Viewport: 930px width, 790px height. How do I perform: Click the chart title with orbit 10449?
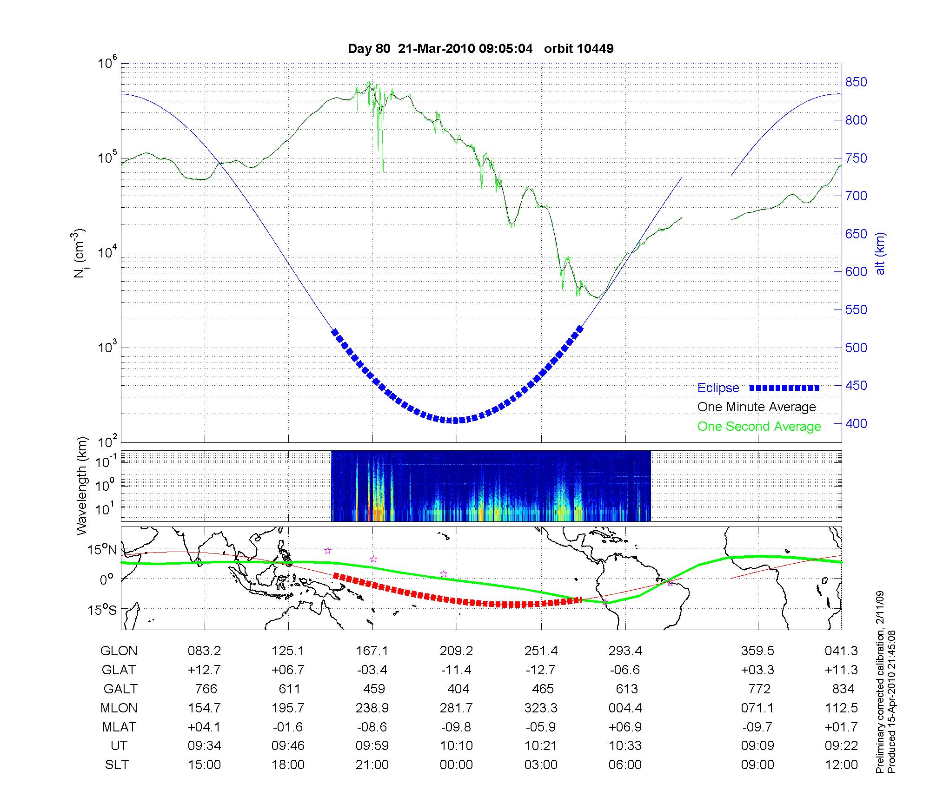coord(480,49)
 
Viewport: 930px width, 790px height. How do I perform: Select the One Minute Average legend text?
coord(757,407)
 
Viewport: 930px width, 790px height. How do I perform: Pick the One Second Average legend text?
coord(759,427)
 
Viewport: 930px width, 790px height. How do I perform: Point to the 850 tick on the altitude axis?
coord(856,82)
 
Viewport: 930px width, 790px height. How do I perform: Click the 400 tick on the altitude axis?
coord(856,423)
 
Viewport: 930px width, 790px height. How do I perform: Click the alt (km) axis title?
coord(880,253)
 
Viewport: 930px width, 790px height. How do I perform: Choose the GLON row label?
coord(119,651)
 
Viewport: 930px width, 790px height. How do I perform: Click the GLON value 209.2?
coord(456,651)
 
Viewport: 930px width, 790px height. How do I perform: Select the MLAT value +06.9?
coord(625,727)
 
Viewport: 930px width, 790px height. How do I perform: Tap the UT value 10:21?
coord(541,746)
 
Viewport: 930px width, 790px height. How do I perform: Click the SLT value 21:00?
coord(372,765)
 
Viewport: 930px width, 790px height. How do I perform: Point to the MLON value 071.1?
coord(757,708)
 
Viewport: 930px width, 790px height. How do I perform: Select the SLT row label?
coord(117,765)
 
